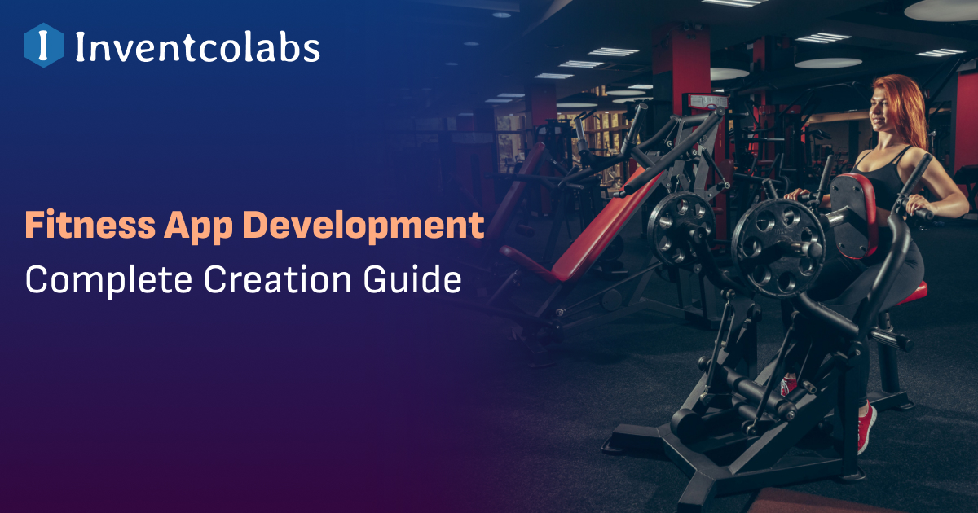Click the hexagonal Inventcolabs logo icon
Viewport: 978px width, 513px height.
pyautogui.click(x=43, y=46)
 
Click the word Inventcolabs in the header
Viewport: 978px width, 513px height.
pyautogui.click(x=197, y=47)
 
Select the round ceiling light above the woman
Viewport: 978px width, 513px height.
pyautogui.click(x=827, y=64)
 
